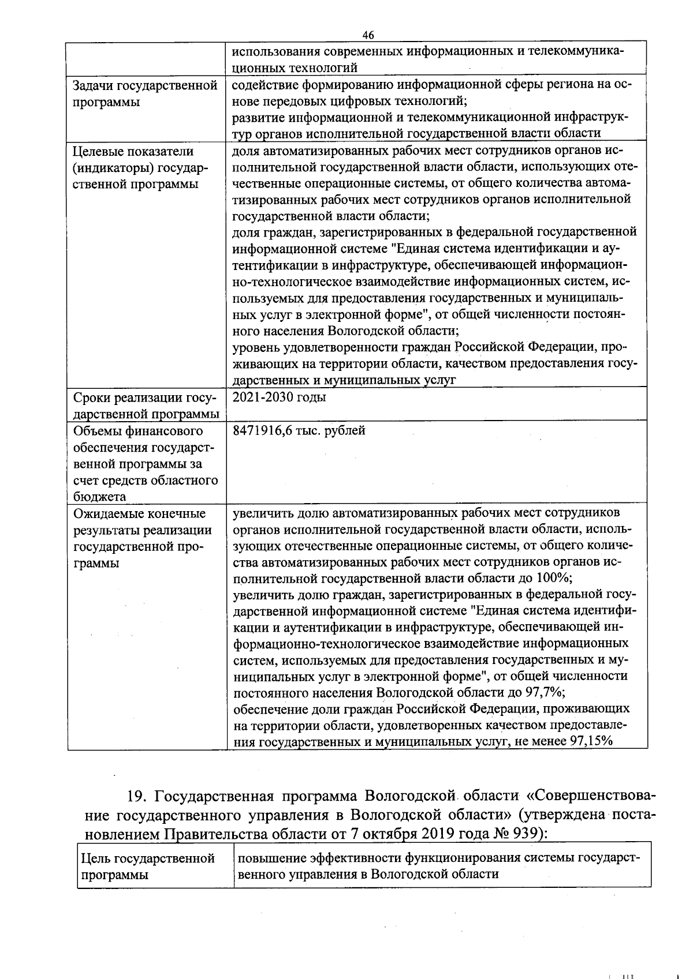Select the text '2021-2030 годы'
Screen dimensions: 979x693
(279, 397)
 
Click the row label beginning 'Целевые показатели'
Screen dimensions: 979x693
(133, 151)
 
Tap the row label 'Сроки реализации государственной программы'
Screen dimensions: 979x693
(146, 406)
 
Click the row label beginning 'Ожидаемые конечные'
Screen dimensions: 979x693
(139, 513)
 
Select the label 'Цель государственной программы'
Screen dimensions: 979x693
(148, 866)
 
